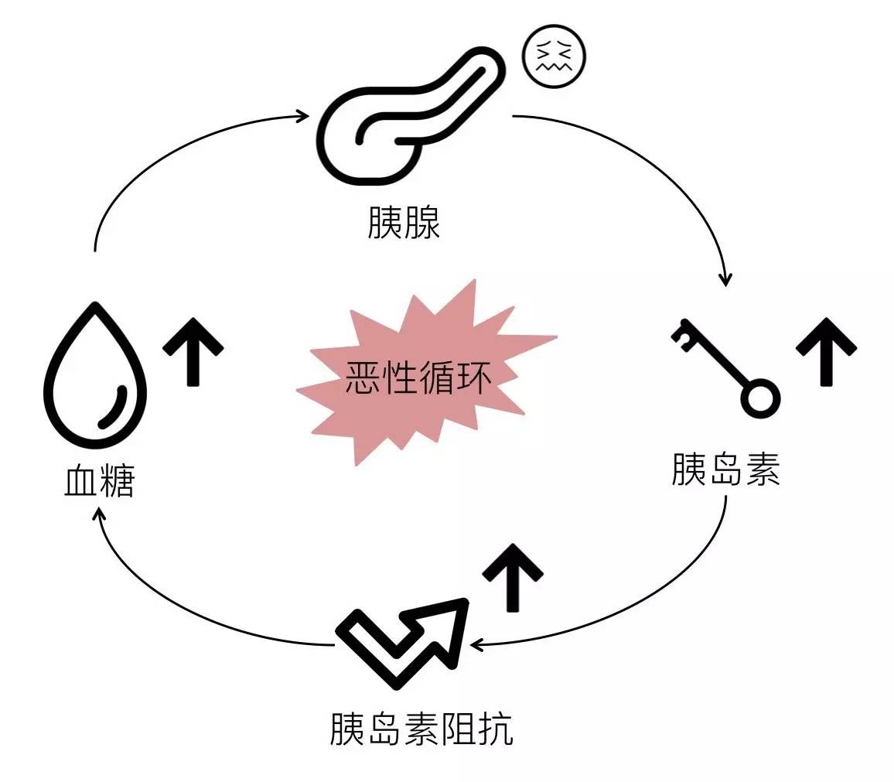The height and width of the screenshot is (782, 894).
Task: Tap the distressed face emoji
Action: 554,58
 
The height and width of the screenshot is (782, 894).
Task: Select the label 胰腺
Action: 404,223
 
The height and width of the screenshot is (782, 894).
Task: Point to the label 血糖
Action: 99,481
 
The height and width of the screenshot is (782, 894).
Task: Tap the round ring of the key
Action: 759,398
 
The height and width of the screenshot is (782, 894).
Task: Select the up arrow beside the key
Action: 826,350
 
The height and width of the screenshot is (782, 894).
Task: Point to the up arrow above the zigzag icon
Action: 513,576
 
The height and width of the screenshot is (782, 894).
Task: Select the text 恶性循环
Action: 418,378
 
